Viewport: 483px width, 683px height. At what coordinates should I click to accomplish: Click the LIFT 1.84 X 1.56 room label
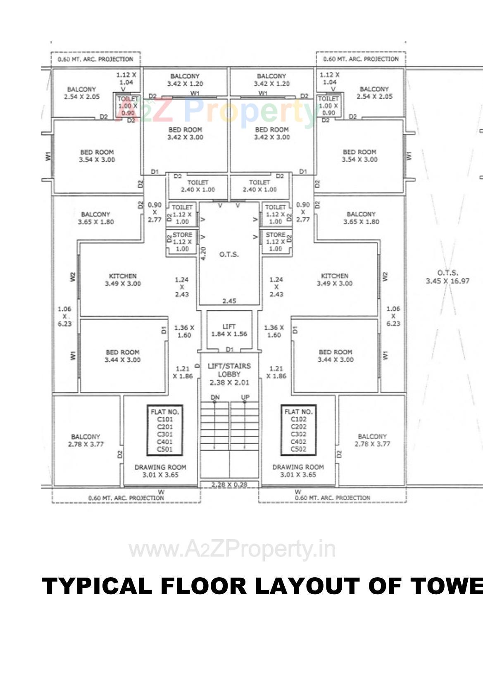click(x=229, y=330)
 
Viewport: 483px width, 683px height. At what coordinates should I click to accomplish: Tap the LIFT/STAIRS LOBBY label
click(x=229, y=374)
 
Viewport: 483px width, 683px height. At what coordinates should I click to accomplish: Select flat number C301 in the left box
click(x=165, y=434)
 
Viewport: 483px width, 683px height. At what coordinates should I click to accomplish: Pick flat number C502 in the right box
click(x=298, y=449)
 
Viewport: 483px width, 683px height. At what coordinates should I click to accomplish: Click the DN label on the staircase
click(x=215, y=397)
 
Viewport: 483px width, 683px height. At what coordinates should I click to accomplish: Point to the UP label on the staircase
click(x=245, y=397)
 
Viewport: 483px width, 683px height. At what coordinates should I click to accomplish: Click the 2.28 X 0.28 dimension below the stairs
click(x=229, y=484)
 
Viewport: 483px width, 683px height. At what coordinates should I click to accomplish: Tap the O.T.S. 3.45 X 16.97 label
click(x=447, y=277)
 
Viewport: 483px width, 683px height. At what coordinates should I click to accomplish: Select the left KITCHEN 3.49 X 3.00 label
click(x=123, y=280)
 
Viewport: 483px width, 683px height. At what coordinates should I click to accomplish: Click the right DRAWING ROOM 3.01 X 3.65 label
click(x=298, y=471)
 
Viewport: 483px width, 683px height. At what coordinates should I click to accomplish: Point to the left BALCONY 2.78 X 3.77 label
click(x=86, y=440)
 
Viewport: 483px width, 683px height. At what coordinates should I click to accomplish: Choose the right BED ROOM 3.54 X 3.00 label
click(x=359, y=156)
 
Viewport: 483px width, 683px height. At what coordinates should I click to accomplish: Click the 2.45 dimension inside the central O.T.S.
click(x=229, y=301)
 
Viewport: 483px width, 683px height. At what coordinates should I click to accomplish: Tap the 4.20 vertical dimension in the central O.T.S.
click(x=203, y=253)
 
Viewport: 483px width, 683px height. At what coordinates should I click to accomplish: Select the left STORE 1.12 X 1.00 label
click(x=182, y=242)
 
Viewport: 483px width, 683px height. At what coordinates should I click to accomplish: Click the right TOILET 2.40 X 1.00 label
click(x=259, y=186)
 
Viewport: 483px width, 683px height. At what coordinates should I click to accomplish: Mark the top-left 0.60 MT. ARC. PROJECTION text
click(x=95, y=59)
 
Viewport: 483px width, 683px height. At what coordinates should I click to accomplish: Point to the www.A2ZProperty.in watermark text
click(x=232, y=550)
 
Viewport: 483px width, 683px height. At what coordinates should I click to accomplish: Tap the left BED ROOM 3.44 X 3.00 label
click(x=122, y=356)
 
